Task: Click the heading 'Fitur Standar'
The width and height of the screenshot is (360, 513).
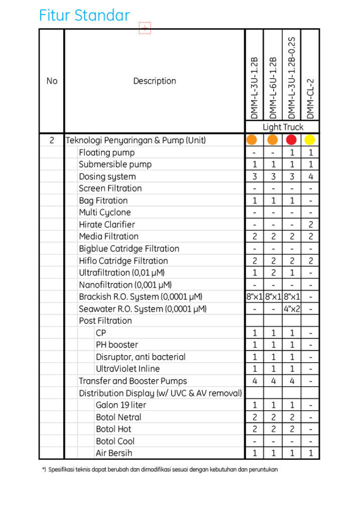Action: pos(84,16)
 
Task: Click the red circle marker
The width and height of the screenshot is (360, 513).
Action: pos(291,140)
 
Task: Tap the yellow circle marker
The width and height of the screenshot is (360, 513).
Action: pos(310,140)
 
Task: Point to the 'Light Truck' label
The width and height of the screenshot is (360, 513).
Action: pos(283,127)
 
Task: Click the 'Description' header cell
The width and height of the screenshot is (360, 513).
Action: pos(154,81)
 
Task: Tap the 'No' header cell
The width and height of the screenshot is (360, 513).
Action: pos(52,81)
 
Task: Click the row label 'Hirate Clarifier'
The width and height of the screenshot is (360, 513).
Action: pos(107,224)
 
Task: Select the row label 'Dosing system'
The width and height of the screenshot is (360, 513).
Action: pos(107,176)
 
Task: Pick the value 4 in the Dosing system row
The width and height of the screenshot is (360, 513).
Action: pos(310,176)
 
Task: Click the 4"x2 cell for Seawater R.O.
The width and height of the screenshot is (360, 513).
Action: pos(291,309)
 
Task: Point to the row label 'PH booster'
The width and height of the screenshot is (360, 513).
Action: pos(117,345)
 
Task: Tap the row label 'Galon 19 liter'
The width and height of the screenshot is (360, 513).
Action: pos(121,405)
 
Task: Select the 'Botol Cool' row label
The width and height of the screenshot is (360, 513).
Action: pos(115,441)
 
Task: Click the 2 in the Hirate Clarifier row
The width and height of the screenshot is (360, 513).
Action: pos(310,224)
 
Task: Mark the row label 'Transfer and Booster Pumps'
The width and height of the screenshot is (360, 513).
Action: pos(133,381)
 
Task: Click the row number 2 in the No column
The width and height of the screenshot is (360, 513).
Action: pos(52,140)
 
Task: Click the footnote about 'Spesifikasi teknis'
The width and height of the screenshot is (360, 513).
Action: pos(160,470)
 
